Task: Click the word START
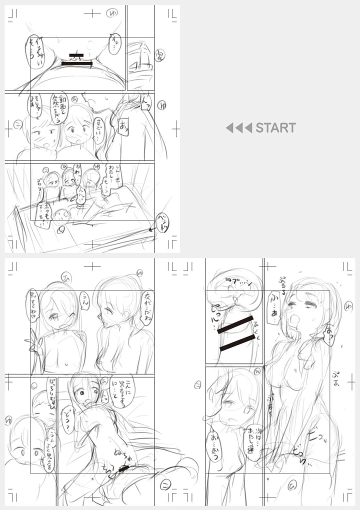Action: pos(275,128)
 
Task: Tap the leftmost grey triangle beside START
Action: pos(229,128)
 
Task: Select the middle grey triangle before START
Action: pos(238,128)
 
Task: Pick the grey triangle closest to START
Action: pos(248,128)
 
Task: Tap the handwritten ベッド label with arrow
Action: pos(163,223)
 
